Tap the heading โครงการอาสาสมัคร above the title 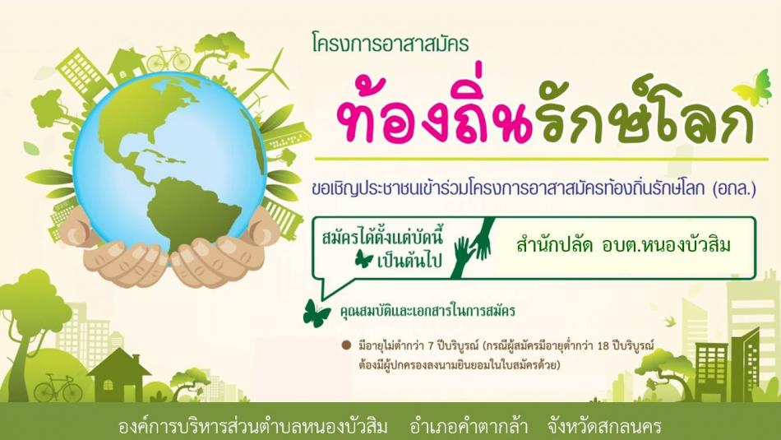[x=390, y=44]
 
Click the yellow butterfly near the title [x=751, y=89]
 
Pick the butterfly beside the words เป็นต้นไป [x=363, y=259]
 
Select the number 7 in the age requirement [x=431, y=345]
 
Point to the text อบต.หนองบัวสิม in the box [x=666, y=245]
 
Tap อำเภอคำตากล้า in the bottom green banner [x=469, y=427]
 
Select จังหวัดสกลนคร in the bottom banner [x=603, y=427]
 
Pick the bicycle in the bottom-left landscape [x=58, y=388]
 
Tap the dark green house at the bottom [x=118, y=375]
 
